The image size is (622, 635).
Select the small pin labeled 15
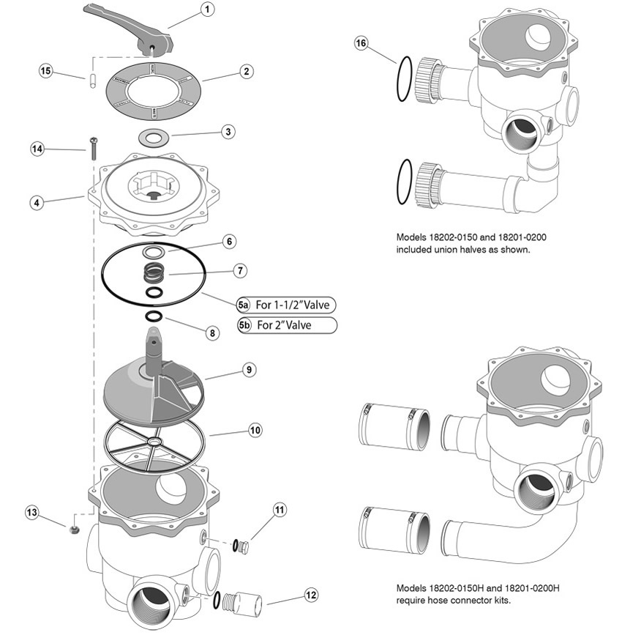click(92, 79)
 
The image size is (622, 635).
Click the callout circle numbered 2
click(247, 71)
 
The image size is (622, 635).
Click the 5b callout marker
click(244, 325)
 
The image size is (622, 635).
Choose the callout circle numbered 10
click(254, 431)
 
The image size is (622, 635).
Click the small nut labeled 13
click(74, 528)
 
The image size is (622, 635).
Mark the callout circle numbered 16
click(361, 43)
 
